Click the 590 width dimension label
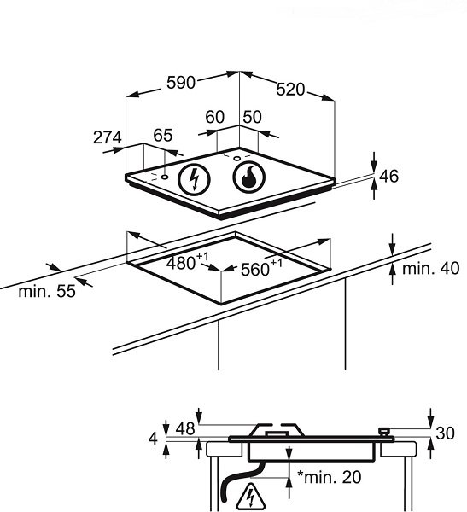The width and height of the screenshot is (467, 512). tap(181, 83)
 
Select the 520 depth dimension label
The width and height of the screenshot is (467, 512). tap(290, 90)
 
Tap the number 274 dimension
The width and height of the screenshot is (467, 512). tap(108, 137)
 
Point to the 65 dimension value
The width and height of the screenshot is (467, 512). tap(163, 135)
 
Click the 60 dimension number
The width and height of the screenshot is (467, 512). tap(214, 117)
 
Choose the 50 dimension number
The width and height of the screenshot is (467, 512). tap(253, 117)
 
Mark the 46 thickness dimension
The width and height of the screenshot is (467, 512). tap(389, 177)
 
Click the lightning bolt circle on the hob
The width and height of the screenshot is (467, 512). tap(194, 179)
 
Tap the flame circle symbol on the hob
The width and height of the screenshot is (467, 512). tap(249, 177)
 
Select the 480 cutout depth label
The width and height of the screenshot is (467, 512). tap(187, 262)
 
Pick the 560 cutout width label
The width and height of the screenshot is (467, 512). tap(261, 268)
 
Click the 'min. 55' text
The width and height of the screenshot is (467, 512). tap(47, 291)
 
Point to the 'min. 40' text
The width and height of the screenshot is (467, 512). tap(431, 269)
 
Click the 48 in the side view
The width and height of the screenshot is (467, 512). tap(185, 428)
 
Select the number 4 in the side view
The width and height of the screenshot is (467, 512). tap(153, 439)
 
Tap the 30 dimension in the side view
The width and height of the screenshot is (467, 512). tap(445, 433)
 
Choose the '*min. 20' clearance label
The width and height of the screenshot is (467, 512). tap(329, 477)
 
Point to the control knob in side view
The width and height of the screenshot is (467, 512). tap(383, 431)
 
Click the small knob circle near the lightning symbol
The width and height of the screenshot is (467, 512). tap(165, 177)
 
